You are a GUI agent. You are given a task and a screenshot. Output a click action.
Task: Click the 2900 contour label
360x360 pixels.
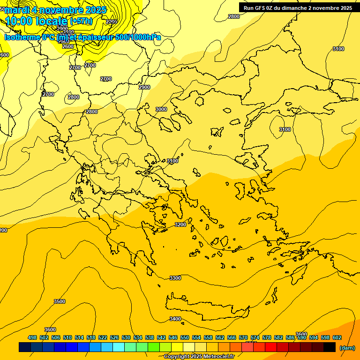tap(144, 87)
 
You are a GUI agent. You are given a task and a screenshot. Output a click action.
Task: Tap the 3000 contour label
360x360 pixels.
tap(161, 109)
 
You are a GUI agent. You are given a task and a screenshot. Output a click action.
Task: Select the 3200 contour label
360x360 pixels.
tap(180, 225)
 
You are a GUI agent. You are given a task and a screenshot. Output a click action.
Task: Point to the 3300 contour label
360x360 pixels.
tap(175, 278)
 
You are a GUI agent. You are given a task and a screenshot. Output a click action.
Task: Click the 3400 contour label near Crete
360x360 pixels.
tap(175, 319)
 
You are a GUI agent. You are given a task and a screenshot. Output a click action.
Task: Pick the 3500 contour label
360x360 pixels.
tap(60, 301)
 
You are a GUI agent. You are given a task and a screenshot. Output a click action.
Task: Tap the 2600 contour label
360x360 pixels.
tap(67, 46)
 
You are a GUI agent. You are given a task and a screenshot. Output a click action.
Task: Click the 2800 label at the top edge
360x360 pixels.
tap(233, 16)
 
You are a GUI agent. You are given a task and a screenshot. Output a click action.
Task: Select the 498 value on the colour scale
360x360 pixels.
tap(32, 337)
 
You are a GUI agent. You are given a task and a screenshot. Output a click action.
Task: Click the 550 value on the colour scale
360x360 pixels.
tap(185, 337)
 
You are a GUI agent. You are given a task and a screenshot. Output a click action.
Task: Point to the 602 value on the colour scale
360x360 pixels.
tap(337, 337)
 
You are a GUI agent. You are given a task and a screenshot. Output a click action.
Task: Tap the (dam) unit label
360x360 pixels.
tap(347, 348)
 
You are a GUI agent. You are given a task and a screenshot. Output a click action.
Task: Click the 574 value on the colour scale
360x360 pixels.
tap(255, 337)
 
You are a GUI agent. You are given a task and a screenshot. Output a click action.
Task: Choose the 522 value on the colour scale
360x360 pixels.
tap(103, 337)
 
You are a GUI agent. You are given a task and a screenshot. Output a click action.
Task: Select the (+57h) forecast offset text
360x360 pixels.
tap(81, 21)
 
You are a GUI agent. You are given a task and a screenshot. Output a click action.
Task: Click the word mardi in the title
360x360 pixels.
tap(17, 10)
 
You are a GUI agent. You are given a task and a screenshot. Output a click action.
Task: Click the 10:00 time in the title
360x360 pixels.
tap(18, 21)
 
